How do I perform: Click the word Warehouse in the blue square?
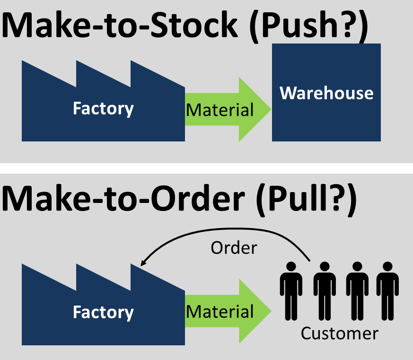(x=326, y=93)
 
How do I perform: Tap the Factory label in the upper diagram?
(x=103, y=109)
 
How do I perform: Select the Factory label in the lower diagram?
(x=103, y=312)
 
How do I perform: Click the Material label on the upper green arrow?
(x=220, y=110)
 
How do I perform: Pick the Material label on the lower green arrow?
(x=220, y=311)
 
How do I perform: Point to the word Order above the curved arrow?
(x=234, y=247)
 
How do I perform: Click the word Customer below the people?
(x=340, y=334)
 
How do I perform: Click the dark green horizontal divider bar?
(x=206, y=168)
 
